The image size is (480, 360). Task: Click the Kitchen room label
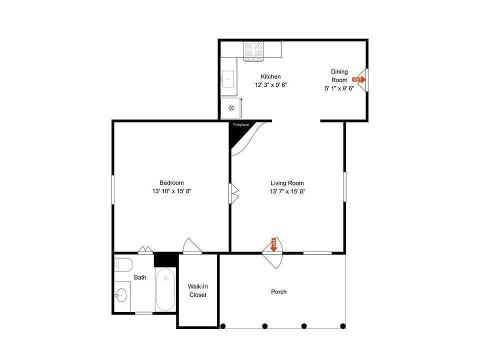(x=270, y=76)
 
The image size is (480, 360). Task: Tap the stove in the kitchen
(x=253, y=51)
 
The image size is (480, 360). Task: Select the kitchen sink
(x=228, y=79)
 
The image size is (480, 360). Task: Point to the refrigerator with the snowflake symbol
(x=231, y=108)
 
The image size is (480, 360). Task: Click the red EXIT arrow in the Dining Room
(x=359, y=79)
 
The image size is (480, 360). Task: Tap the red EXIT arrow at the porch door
(x=273, y=244)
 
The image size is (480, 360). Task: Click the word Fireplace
(x=241, y=124)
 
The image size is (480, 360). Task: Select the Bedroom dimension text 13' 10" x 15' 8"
(x=171, y=191)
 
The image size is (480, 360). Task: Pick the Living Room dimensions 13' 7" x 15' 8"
(x=287, y=191)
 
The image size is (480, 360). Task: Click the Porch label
(x=279, y=291)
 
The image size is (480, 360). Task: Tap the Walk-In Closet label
(x=198, y=290)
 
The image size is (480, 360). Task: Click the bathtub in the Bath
(x=165, y=289)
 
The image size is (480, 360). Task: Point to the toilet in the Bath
(x=123, y=264)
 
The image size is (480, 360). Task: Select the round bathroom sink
(x=121, y=295)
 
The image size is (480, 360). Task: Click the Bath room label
(x=140, y=277)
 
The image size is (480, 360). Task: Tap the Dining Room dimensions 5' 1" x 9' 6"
(x=339, y=88)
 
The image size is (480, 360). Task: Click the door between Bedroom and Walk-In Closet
(x=192, y=246)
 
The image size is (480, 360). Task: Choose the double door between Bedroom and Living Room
(x=233, y=193)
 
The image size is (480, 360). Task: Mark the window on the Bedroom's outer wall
(x=113, y=189)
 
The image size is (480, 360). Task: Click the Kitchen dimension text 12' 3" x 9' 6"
(x=271, y=85)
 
